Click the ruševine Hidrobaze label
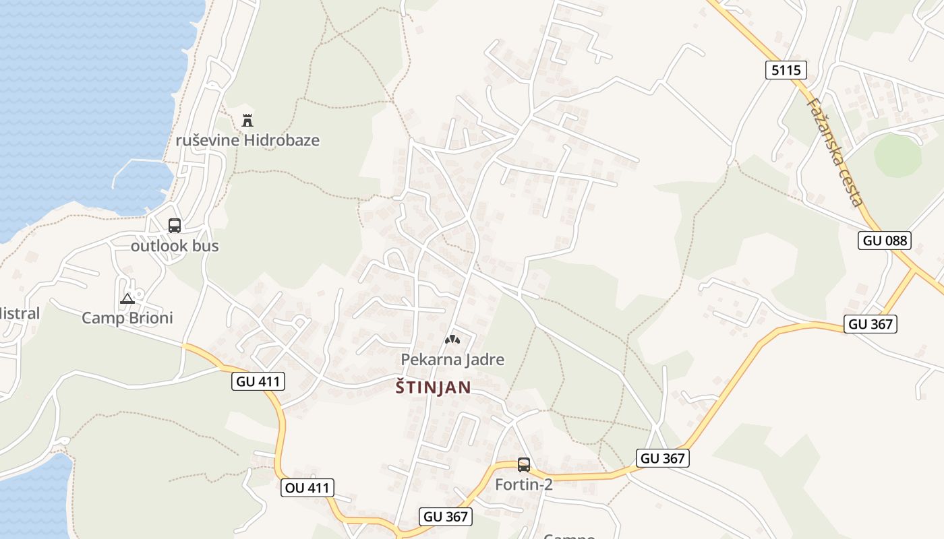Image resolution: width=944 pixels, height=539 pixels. [247, 140]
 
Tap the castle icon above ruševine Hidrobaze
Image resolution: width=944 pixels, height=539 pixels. [247, 121]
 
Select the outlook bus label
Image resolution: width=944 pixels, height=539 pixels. [175, 246]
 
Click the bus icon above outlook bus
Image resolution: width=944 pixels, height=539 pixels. [175, 226]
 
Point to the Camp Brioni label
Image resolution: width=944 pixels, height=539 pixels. [127, 318]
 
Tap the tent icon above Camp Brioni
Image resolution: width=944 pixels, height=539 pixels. [127, 298]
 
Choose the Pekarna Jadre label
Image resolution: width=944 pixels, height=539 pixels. [452, 360]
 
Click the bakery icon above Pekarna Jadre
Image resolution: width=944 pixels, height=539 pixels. [452, 340]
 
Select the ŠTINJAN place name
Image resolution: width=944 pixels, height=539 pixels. [433, 388]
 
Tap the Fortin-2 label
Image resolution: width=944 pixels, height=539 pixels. [524, 484]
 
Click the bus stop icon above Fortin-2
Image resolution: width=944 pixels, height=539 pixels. [524, 465]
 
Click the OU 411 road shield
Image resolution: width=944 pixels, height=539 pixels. [307, 488]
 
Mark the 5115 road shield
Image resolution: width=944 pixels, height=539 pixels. [786, 70]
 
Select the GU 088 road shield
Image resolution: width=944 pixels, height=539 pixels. [885, 241]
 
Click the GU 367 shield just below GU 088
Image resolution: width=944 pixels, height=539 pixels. [871, 324]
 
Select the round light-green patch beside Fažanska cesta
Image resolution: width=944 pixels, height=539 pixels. [897, 156]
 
